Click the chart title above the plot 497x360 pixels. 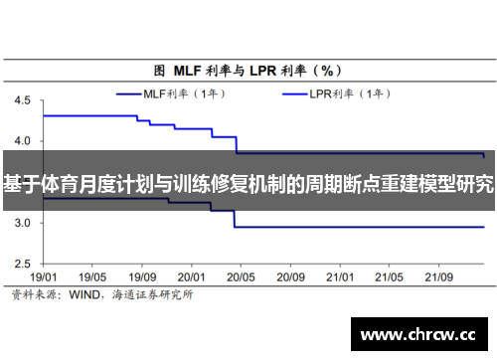point(248,71)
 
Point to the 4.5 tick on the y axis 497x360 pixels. point(23,100)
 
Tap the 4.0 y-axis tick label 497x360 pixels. point(23,141)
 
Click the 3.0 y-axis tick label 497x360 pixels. point(23,223)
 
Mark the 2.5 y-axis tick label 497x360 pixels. point(23,264)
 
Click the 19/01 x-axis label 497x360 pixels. point(44,277)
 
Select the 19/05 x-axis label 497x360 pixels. point(92,277)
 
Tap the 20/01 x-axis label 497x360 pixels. point(192,277)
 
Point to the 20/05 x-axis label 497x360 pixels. point(242,277)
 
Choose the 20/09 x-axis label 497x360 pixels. point(290,277)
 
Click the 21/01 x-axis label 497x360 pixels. point(340,277)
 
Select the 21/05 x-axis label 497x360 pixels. point(389,277)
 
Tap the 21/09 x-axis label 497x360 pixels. point(438,277)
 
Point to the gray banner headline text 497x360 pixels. point(248,183)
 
